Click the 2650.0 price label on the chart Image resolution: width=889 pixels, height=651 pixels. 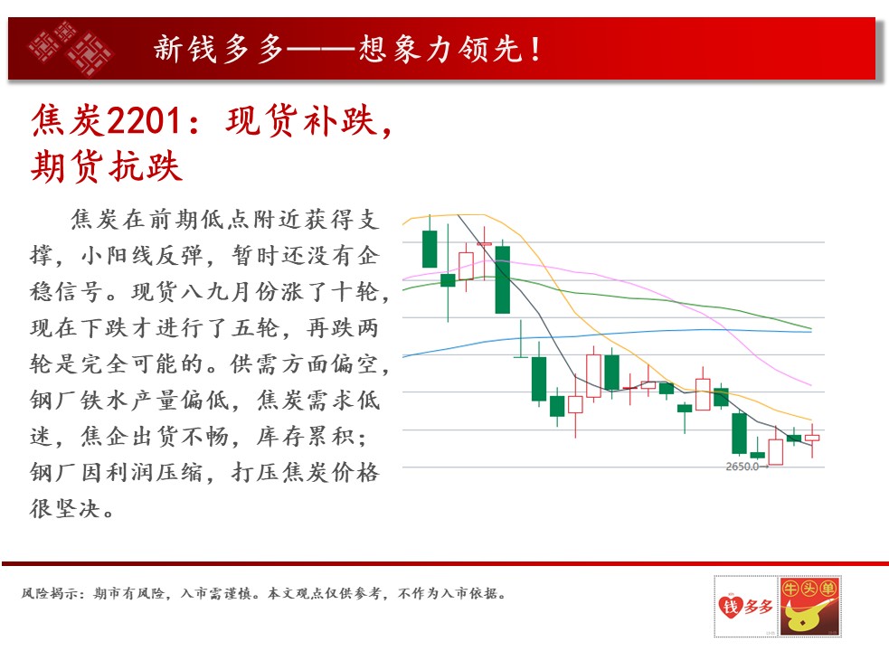coord(742,467)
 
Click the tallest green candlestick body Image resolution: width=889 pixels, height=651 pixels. coord(502,279)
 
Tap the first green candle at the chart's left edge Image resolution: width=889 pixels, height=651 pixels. coord(430,249)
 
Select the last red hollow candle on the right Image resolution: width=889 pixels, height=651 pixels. coord(812,438)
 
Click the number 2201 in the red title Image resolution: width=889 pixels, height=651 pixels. coord(144,121)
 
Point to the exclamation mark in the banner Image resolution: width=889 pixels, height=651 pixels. coord(535,49)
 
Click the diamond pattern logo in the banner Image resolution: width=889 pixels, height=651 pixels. coord(71,48)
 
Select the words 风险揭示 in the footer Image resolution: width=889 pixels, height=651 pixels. coord(49,594)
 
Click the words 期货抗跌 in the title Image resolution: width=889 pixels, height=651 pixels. coord(107,166)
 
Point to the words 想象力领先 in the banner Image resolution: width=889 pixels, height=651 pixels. coord(440,49)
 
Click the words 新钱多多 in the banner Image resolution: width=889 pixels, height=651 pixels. coord(219,49)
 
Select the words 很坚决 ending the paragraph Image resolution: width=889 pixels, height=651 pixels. coord(66,509)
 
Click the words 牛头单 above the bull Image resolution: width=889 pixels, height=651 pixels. coord(809,589)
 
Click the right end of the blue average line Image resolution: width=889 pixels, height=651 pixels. coord(811,332)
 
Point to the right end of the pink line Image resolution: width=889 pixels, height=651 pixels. coord(811,385)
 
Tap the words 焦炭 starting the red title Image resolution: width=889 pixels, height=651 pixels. coord(68,121)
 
